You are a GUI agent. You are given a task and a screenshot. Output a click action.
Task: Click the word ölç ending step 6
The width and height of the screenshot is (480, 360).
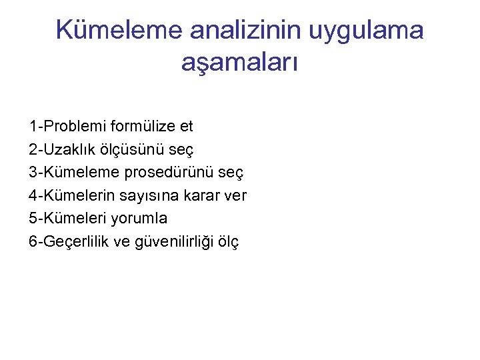pyautogui.click(x=227, y=241)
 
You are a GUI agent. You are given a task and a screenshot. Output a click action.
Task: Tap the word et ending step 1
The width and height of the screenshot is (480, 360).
pyautogui.click(x=186, y=126)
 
